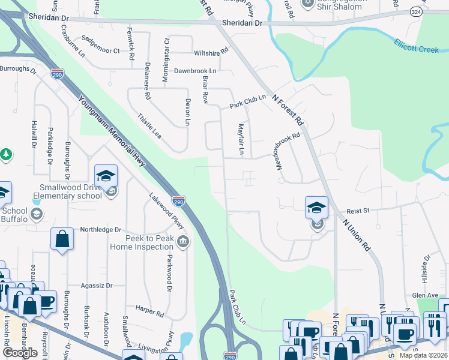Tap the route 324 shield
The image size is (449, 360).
pyautogui.click(x=415, y=11)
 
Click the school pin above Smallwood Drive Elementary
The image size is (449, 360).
pyautogui.click(x=106, y=176)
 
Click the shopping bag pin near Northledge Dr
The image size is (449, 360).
pyautogui.click(x=62, y=239)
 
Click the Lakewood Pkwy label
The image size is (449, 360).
pyautogui.click(x=166, y=212)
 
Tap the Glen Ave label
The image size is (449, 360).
pyautogui.click(x=426, y=295)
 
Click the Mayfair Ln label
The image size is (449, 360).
pyautogui.click(x=241, y=139)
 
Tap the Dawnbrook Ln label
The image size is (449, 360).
pyautogui.click(x=195, y=71)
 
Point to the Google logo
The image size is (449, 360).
pyautogui.click(x=20, y=353)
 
